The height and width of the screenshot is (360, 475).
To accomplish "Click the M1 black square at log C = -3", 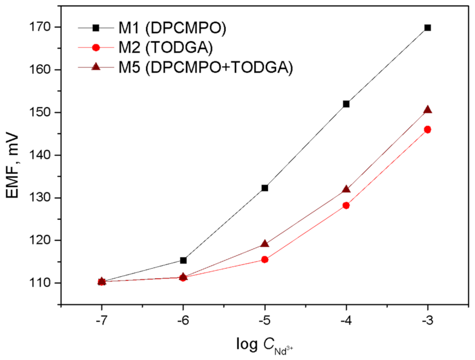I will pyautogui.click(x=428, y=27).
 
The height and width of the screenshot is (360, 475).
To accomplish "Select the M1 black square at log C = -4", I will pyautogui.click(x=346, y=104).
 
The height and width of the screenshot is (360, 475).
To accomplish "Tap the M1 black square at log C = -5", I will pyautogui.click(x=265, y=188).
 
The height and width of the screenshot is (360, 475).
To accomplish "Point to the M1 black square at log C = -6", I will pyautogui.click(x=183, y=260).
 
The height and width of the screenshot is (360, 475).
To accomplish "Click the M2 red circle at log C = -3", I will pyautogui.click(x=428, y=129).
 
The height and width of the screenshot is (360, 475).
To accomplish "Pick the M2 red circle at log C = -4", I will pyautogui.click(x=346, y=205).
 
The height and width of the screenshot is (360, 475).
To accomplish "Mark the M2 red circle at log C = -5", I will pyautogui.click(x=265, y=259).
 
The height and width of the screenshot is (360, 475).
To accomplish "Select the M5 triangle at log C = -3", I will pyautogui.click(x=428, y=109).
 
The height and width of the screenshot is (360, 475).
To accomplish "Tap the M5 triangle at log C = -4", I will pyautogui.click(x=346, y=189).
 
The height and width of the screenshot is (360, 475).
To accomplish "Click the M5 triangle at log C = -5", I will pyautogui.click(x=265, y=244).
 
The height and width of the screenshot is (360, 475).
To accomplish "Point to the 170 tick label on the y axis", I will pyautogui.click(x=46, y=27).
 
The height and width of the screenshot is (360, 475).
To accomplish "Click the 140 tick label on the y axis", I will pyautogui.click(x=46, y=155).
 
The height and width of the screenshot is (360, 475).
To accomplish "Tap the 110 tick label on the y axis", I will pyautogui.click(x=46, y=283).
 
